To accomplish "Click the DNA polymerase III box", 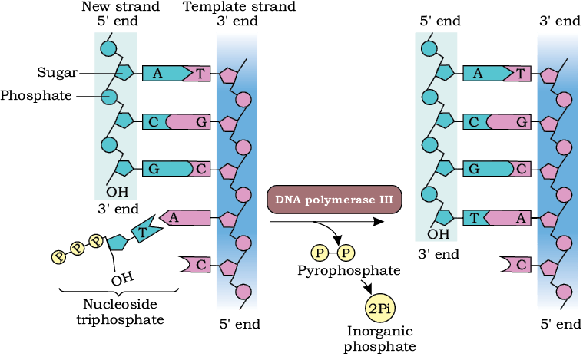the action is pos(334,200).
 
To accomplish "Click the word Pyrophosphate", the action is pos(349,270).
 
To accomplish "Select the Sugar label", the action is pos(58,73).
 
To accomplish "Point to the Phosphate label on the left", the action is pos(36,95).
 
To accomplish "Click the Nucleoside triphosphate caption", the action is pos(120,312).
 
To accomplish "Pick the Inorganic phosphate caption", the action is pos(379,339).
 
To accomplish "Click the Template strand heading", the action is pos(240,6).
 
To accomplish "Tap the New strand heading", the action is pos(121,6).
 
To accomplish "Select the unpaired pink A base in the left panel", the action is pos(185,218).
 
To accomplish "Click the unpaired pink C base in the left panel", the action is pos(194,265).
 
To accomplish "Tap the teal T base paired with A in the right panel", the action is pos(475,218).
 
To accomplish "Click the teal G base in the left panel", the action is pos(167,169).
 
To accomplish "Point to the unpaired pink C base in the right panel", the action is pos(515,265).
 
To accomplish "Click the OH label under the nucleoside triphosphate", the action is pos(122,279).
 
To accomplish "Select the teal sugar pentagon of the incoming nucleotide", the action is pos(118,243).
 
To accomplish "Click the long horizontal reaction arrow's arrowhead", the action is pos(379,222).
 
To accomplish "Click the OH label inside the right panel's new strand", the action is pos(439,234).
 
